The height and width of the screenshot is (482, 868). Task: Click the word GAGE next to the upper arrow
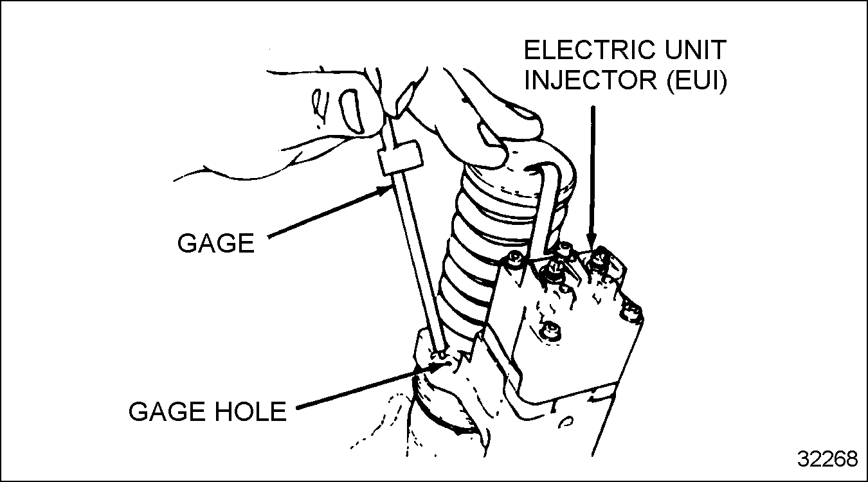click(216, 244)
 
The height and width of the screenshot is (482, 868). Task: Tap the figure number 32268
click(827, 460)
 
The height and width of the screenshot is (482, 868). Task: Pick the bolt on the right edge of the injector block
click(632, 314)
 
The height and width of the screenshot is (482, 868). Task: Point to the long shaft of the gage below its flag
click(419, 257)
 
